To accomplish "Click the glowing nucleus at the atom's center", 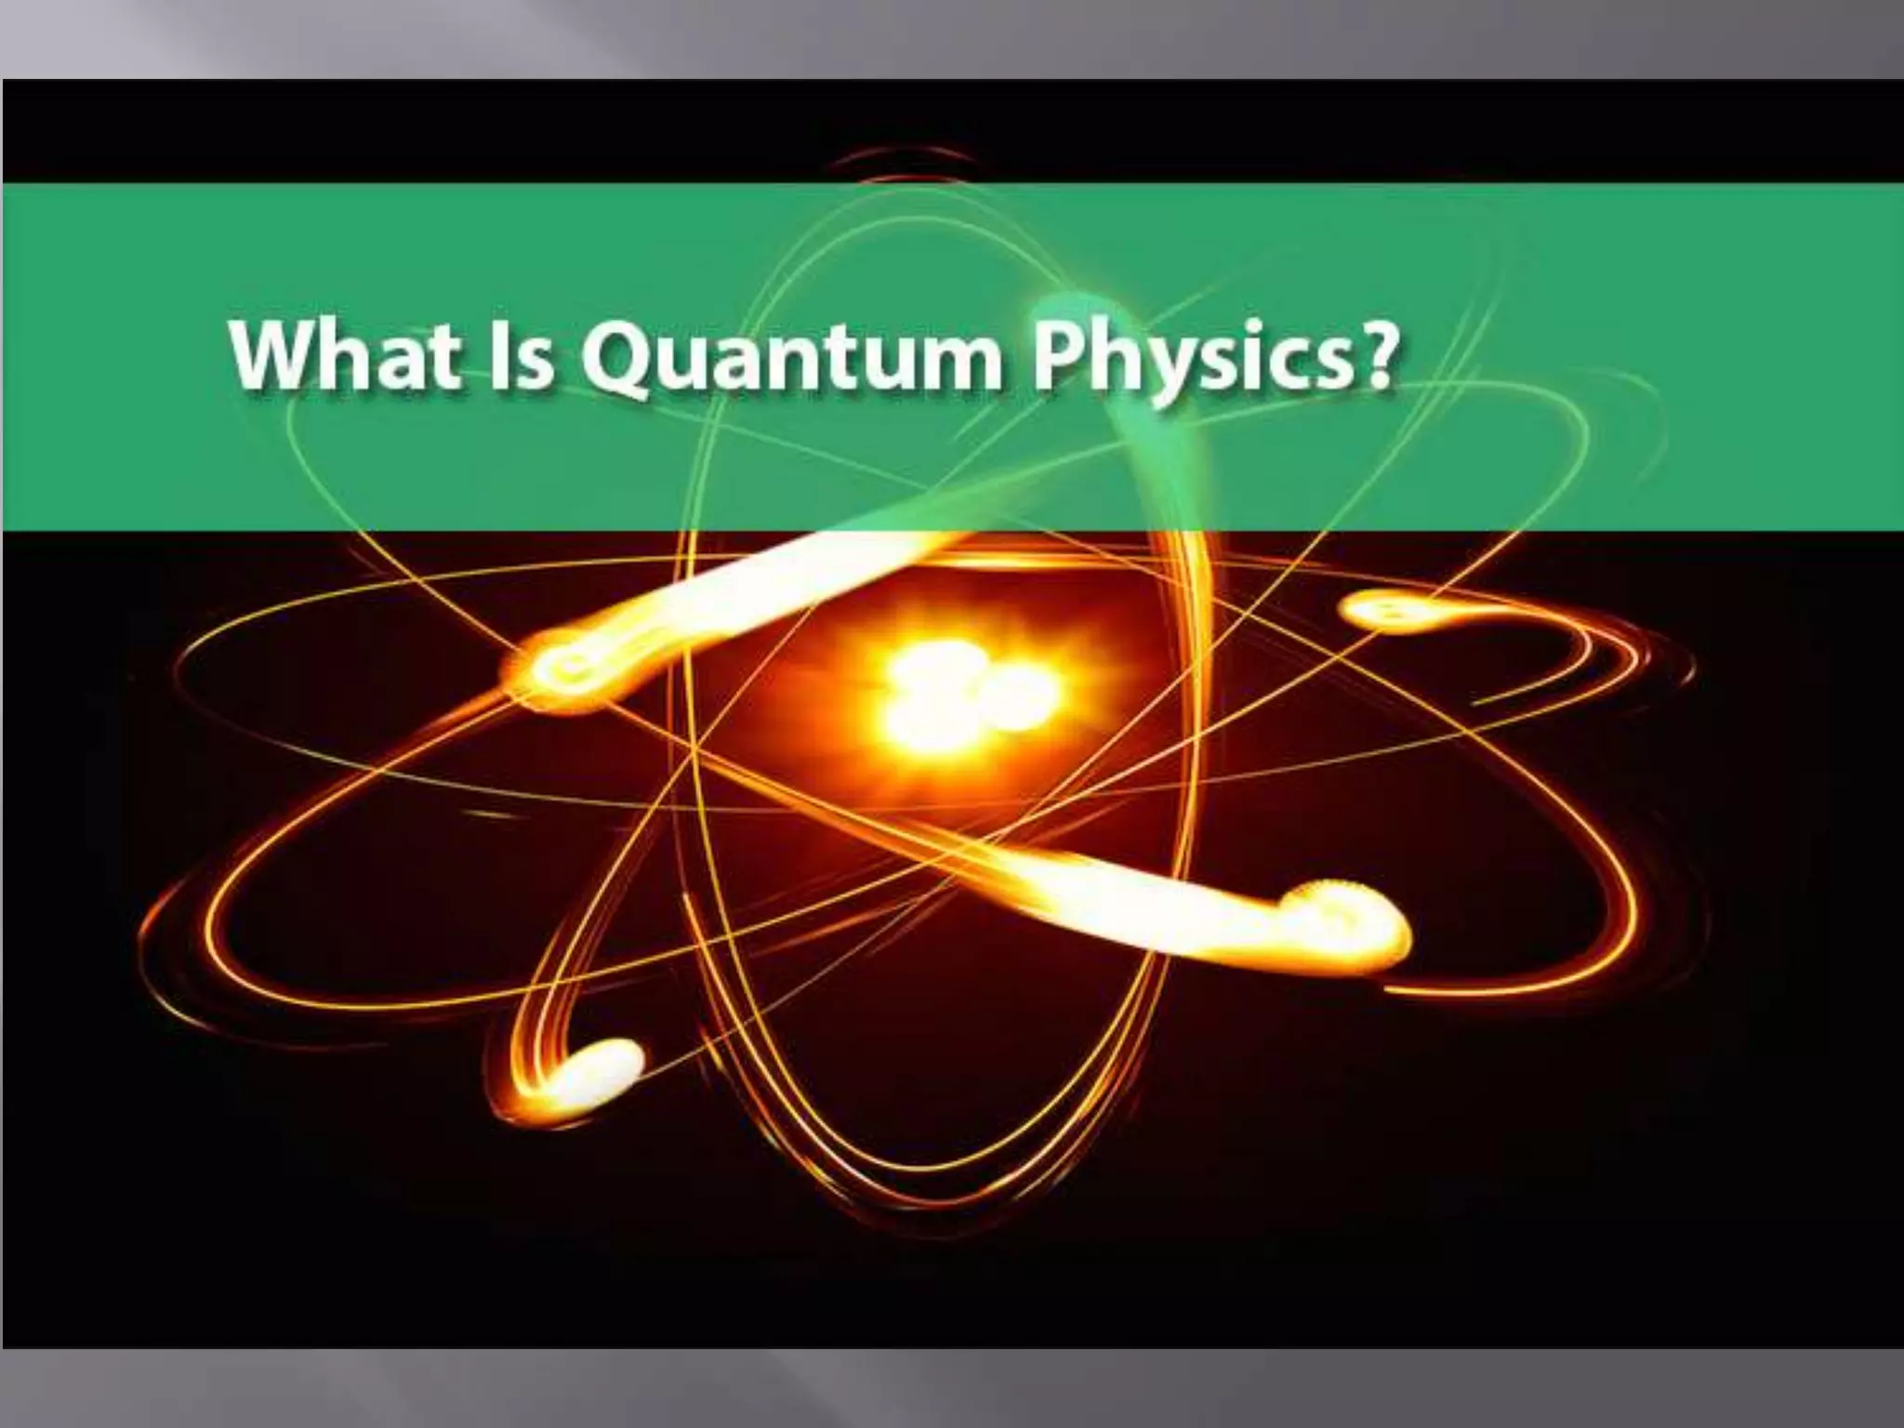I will tap(967, 693).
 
